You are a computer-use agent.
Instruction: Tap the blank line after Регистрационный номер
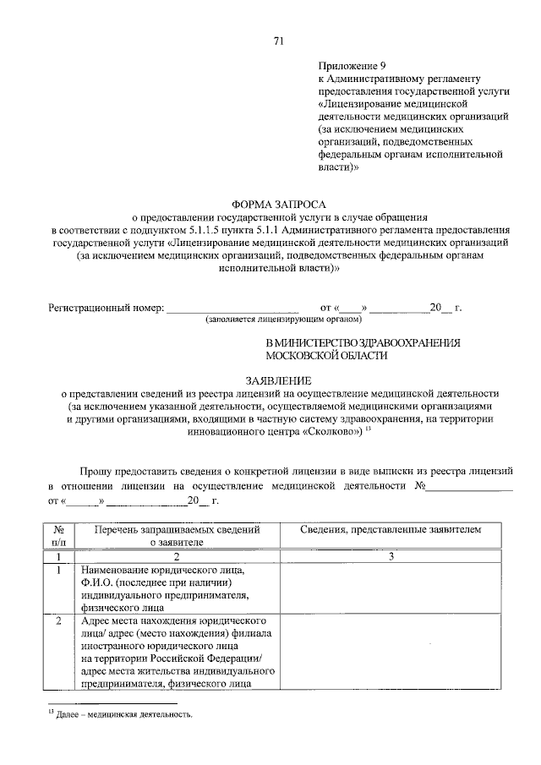233,309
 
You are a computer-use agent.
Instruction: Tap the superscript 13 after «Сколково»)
369,428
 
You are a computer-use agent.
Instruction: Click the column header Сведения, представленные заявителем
391,529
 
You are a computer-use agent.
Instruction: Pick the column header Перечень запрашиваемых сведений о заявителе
177,535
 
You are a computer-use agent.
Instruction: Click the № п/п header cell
57,535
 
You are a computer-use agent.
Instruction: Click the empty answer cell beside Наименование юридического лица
391,587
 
